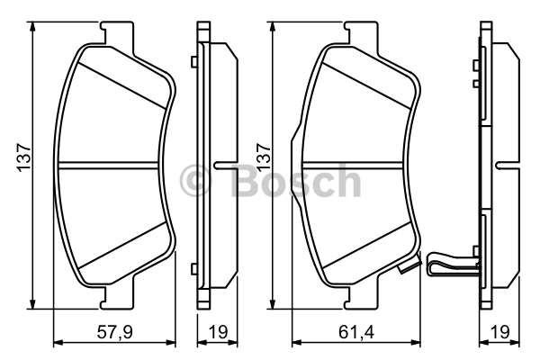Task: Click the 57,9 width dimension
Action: coord(114,332)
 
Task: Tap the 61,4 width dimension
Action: coord(356,332)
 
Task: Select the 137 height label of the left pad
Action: coord(24,157)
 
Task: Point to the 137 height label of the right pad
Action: coord(264,157)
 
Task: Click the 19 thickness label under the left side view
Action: coord(218,332)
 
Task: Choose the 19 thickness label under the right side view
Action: coord(499,332)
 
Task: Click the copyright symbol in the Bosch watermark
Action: coord(194,180)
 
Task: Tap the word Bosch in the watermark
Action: coord(296,180)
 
